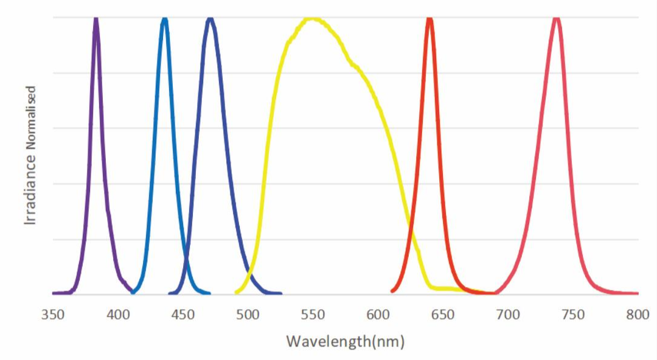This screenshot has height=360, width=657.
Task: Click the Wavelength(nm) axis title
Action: (346, 341)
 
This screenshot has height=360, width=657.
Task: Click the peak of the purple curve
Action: (96, 19)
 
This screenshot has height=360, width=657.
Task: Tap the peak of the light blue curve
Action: (164, 19)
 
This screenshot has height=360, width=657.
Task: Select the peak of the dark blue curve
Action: (210, 19)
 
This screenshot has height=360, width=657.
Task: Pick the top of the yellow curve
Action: (312, 18)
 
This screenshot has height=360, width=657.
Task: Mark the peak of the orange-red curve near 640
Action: (429, 19)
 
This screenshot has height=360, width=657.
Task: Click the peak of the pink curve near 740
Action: (556, 19)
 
